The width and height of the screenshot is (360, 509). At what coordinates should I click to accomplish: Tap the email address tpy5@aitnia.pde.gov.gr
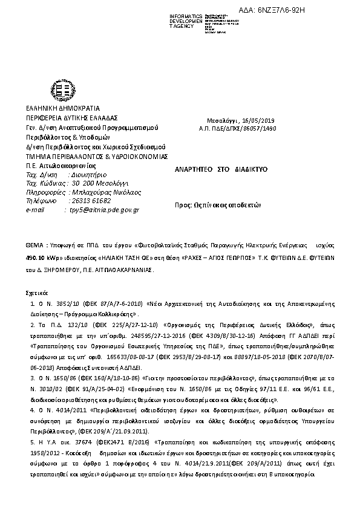[105, 210]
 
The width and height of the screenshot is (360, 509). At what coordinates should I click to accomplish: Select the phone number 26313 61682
[91, 201]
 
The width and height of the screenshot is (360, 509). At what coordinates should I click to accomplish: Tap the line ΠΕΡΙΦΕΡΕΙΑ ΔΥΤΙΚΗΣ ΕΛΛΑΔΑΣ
[71, 117]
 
